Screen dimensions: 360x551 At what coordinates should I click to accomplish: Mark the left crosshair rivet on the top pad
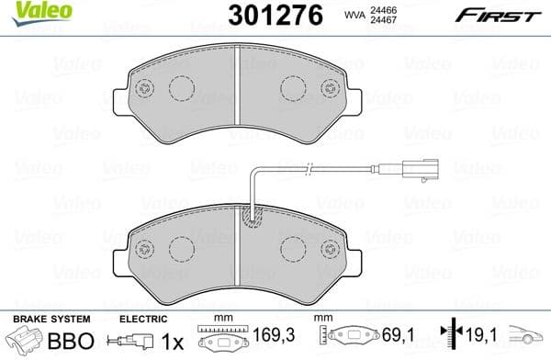(142, 89)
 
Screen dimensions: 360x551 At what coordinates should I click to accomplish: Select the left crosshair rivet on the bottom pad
(142, 248)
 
